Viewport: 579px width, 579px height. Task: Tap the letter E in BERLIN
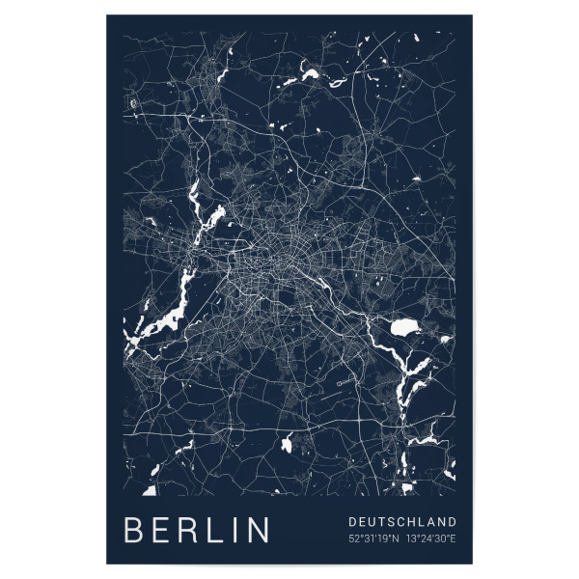(163, 532)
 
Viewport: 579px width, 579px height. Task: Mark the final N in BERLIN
(259, 532)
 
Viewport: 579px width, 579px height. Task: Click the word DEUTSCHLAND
(402, 522)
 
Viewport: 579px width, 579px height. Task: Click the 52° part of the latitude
(355, 538)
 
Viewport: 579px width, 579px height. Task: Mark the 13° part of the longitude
(413, 538)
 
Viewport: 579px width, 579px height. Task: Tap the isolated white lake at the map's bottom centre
(287, 445)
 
